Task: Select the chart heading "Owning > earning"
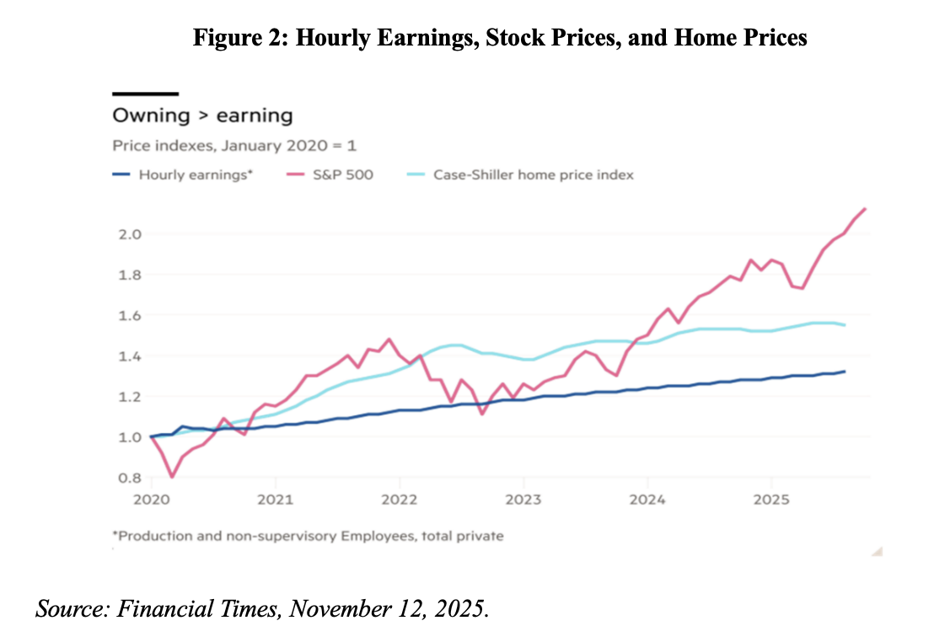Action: pyautogui.click(x=202, y=115)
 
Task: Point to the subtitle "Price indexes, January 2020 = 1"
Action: pyautogui.click(x=234, y=146)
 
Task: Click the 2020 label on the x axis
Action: pyautogui.click(x=151, y=499)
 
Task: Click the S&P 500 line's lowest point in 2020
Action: pyautogui.click(x=172, y=477)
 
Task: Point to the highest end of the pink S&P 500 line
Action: pyautogui.click(x=866, y=209)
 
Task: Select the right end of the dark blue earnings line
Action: pyautogui.click(x=844, y=372)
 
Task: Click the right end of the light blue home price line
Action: pyautogui.click(x=844, y=325)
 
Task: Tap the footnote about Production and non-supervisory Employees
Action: pyautogui.click(x=308, y=535)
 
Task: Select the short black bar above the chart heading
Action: pyautogui.click(x=145, y=94)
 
